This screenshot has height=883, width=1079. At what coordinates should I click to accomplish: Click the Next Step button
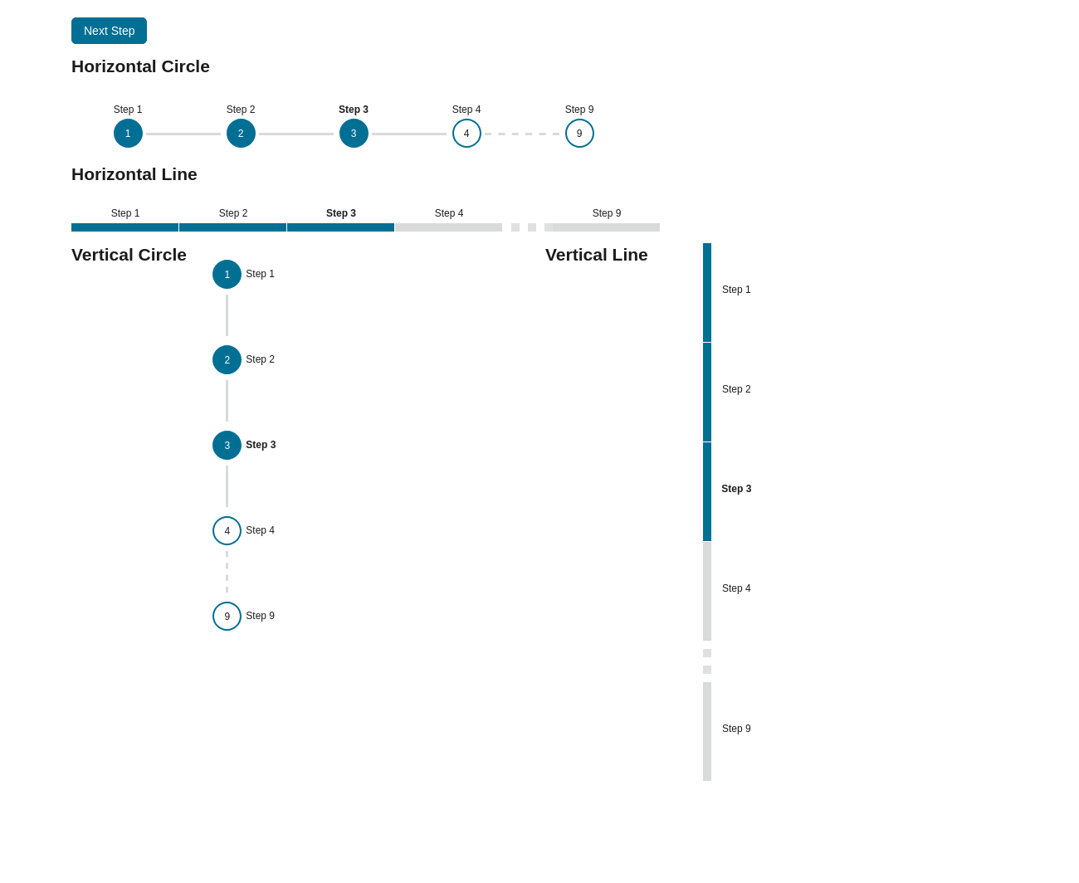point(109,31)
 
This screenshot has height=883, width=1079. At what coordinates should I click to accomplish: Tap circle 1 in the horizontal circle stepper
point(128,134)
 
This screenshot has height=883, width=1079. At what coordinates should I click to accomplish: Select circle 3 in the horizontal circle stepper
point(354,134)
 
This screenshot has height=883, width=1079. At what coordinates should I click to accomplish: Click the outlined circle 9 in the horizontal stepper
point(579,134)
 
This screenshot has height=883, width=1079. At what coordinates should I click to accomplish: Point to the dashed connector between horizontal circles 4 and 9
point(523,134)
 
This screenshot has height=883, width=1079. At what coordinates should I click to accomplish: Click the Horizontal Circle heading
point(140,66)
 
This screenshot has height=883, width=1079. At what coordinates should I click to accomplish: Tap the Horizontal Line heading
point(134,174)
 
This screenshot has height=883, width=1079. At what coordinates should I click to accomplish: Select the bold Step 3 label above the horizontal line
point(341,213)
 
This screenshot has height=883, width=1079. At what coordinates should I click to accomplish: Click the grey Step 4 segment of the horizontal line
point(448,227)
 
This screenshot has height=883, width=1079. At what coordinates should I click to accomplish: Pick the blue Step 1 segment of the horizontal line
point(124,227)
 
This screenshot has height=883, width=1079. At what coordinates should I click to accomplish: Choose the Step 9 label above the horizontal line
point(607,213)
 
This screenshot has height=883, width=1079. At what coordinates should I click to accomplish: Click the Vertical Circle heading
point(129,255)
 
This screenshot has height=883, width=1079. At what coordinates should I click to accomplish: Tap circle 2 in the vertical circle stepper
point(227,360)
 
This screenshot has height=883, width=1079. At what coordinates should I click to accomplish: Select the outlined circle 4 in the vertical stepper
point(227,531)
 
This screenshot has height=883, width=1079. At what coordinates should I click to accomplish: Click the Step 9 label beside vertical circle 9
point(260,616)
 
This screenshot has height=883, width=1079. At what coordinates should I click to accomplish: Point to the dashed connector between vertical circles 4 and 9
point(227,573)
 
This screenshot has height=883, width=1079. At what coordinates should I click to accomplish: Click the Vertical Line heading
point(596,255)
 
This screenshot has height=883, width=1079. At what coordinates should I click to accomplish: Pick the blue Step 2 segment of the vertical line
point(707,392)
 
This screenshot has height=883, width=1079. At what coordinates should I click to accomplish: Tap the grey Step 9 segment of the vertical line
point(707,731)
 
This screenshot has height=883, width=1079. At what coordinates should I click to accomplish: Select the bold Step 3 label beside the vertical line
point(736,489)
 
